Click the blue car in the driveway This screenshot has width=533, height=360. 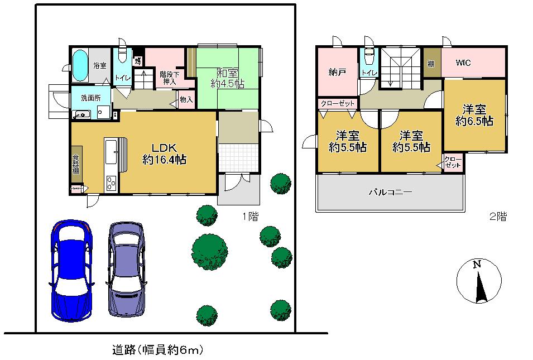coord(71,271)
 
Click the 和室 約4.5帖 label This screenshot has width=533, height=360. coord(227,78)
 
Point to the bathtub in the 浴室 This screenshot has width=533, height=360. coord(81,66)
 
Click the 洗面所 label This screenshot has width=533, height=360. coord(90,98)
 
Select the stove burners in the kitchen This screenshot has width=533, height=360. coord(111,183)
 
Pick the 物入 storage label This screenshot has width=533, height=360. coord(186,100)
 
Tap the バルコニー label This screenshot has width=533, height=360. coord(390,193)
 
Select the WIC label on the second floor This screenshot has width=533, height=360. coord(463,63)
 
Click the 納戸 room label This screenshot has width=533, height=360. coord(336,71)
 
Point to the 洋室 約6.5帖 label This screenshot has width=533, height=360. coord(474,115)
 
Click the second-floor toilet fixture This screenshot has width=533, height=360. coord(368,59)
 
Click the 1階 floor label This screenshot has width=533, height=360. coord(249,215)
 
